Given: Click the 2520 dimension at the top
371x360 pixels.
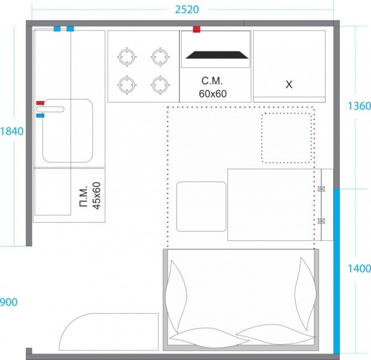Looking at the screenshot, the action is [187, 10].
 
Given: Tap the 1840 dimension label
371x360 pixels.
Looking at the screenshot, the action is [12, 131].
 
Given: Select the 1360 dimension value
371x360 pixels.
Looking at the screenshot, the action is [359, 106].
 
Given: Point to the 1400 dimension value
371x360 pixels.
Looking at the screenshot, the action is [359, 268].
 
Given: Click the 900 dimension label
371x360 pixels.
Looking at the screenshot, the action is [8, 302].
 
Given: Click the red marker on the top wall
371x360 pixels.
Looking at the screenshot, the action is [197, 29].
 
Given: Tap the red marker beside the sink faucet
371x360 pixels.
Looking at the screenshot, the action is [40, 103].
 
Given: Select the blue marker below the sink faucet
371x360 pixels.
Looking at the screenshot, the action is [40, 116].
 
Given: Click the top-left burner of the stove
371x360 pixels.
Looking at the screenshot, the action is [127, 57].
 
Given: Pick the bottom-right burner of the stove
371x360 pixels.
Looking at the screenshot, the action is [160, 85].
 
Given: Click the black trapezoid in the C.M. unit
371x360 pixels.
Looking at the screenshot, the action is [217, 55].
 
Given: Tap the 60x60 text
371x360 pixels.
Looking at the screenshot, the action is [212, 94].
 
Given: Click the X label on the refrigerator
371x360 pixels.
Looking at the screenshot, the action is [289, 84].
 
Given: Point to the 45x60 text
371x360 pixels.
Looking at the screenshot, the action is [96, 196].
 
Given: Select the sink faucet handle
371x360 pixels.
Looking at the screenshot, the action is [50, 109].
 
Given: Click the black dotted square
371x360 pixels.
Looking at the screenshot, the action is [287, 138].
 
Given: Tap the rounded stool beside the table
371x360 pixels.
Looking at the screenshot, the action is [201, 207].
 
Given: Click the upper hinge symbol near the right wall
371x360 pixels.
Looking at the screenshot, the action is [321, 189].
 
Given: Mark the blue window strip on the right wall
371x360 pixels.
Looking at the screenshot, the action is [336, 271].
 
